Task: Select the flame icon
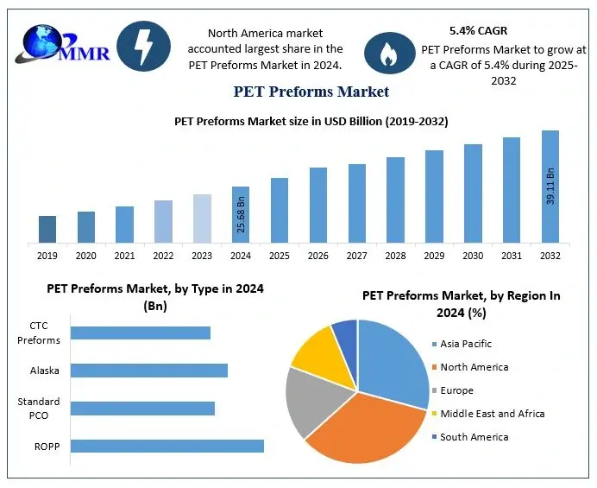[x=387, y=54]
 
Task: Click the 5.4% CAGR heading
[x=478, y=30]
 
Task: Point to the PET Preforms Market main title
[x=311, y=92]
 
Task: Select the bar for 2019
[x=47, y=229]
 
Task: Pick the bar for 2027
[x=357, y=203]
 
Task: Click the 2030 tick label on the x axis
[x=473, y=256]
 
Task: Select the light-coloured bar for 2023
[x=202, y=219]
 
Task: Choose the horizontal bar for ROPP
[x=167, y=446]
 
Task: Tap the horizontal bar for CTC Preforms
[x=141, y=333]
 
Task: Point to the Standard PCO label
[x=39, y=409]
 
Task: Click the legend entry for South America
[x=474, y=437]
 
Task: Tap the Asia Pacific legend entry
[x=465, y=344]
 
